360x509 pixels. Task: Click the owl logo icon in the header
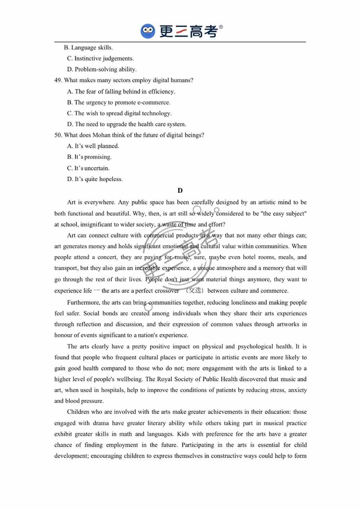[x=148, y=31]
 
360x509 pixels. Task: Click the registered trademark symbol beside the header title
[x=221, y=27]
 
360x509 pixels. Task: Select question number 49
[x=58, y=80]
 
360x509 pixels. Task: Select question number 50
[x=58, y=135]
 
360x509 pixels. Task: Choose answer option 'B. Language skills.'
[x=88, y=47]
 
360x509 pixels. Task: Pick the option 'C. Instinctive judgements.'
[x=100, y=58]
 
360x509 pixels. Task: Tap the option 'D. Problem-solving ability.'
[x=102, y=69]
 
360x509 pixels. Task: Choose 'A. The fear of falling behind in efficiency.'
[x=121, y=91]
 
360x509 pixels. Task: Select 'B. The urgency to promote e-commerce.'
[x=118, y=103]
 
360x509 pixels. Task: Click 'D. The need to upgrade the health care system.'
[x=126, y=124]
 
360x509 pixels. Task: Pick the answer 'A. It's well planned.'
[x=93, y=146]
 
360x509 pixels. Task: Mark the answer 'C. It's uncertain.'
[x=88, y=168]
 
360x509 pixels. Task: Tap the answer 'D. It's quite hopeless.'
[x=95, y=179]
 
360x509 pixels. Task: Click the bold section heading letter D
[x=180, y=191]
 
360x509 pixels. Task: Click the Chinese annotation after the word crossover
[x=195, y=290]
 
